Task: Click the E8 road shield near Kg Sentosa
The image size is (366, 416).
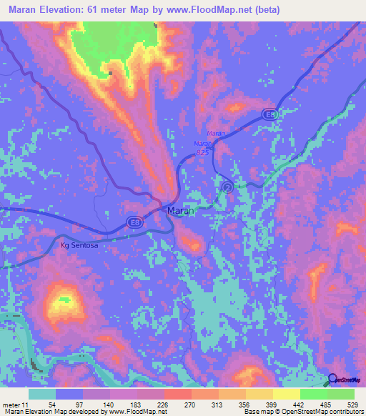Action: click(134, 223)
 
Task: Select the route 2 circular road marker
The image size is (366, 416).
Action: click(227, 187)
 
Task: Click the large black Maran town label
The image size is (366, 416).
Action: click(180, 211)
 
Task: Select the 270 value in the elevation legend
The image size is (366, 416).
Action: click(189, 405)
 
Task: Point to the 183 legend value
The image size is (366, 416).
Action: click(134, 405)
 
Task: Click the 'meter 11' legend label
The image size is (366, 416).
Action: click(16, 405)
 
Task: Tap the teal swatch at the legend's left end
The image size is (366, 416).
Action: click(42, 394)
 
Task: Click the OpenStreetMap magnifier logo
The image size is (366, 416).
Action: click(333, 379)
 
